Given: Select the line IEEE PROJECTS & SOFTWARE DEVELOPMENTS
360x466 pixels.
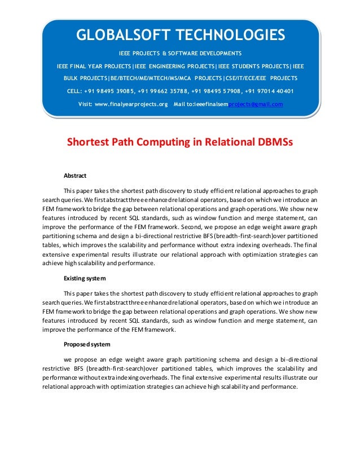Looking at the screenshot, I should click(180, 54).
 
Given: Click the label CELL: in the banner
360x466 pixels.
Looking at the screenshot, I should click(76, 91).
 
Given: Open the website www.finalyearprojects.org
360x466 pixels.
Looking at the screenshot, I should click(131, 104).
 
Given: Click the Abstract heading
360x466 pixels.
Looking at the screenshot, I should click(75, 176).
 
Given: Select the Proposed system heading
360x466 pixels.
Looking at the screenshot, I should click(86, 344).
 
